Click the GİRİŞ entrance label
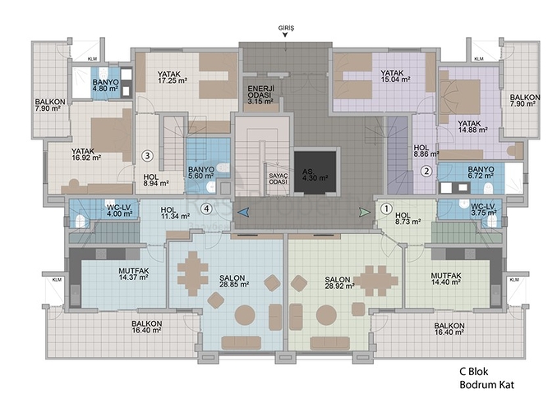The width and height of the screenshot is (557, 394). coord(286,28)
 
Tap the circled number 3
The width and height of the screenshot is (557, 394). coord(147,155)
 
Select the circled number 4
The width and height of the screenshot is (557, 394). coord(206,208)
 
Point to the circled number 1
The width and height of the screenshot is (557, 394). coord(386,208)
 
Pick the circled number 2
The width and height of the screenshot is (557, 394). coord(426,172)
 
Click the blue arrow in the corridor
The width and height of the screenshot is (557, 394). coord(243,213)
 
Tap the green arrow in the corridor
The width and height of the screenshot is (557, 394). coord(365,213)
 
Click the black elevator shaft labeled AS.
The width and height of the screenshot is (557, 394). coord(315,172)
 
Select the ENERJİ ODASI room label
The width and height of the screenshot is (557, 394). coord(261,94)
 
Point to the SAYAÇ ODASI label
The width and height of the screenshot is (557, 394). coord(278,179)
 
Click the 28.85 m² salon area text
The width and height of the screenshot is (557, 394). coord(234,285)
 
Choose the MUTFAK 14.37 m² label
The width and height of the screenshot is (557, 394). coord(134,274)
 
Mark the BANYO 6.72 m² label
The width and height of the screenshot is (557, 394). coord(481,172)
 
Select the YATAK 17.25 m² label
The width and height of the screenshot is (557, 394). coord(173,77)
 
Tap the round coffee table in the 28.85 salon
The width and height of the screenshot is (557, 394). coord(245,315)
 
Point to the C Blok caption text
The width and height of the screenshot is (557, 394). coord(474,372)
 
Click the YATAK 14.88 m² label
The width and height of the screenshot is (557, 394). coord(472,126)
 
